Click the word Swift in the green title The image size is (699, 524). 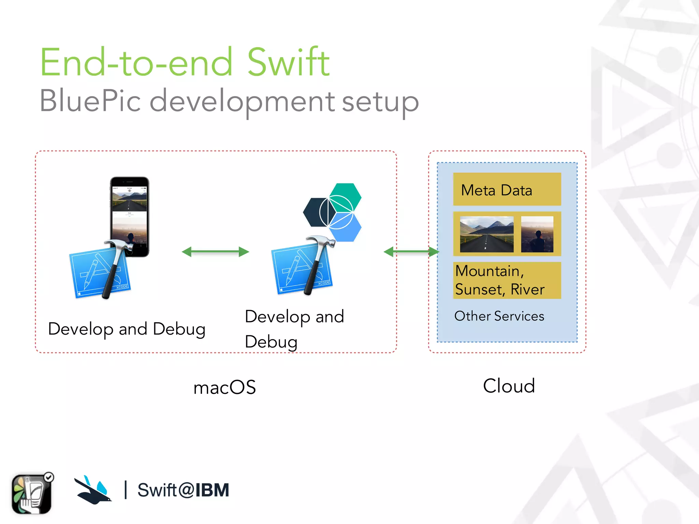(288, 62)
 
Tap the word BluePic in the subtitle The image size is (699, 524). (90, 101)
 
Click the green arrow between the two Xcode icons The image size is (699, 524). (215, 252)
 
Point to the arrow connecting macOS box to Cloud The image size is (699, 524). (411, 252)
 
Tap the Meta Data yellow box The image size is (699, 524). (507, 189)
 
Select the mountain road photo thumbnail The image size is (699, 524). (486, 234)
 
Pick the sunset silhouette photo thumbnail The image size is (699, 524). (537, 234)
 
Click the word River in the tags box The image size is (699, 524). (527, 289)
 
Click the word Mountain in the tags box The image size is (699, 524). (487, 271)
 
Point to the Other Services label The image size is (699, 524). (499, 316)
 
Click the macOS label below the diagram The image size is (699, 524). (225, 387)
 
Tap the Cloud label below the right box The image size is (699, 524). (509, 386)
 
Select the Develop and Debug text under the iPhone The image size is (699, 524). (127, 329)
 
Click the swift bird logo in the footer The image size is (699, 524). (93, 490)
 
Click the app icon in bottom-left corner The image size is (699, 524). (32, 494)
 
